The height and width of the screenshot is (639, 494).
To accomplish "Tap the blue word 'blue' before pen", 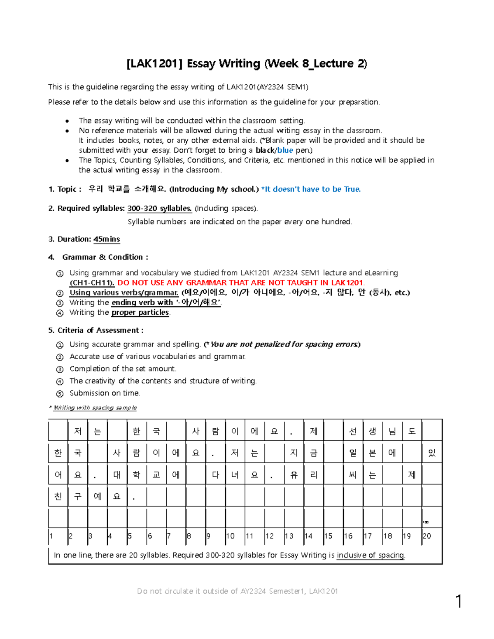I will [285, 150].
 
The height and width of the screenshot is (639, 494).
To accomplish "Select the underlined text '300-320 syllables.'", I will [160, 209].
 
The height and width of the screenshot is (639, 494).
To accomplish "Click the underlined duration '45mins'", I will [107, 239].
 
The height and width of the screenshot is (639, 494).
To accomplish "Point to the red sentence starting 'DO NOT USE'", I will [241, 283].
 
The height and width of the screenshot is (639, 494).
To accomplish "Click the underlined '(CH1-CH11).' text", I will [92, 283].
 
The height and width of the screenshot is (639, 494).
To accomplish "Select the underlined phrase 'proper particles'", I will [140, 312].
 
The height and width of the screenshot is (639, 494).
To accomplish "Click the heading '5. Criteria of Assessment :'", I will [96, 330].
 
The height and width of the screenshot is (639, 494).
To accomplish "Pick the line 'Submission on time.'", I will [105, 393].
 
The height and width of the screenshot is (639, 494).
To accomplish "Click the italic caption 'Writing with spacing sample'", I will [95, 408].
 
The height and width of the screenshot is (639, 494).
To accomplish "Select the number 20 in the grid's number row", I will [427, 536].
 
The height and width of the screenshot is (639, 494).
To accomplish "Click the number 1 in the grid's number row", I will [51, 536].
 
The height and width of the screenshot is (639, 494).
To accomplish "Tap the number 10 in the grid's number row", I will [231, 536].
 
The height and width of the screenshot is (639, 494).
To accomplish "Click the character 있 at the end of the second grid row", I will [432, 453].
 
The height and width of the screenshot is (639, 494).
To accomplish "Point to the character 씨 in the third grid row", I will [353, 475].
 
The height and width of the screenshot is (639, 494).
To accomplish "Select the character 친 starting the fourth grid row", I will [58, 497].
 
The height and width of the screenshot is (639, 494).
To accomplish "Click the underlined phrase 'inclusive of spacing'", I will [370, 555].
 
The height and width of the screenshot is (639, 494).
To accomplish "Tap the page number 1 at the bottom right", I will [459, 602].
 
